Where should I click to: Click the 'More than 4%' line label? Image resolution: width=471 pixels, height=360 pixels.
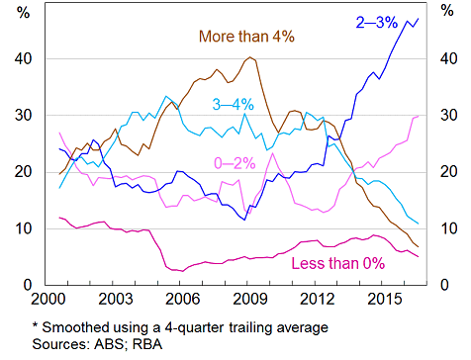pos(247,38)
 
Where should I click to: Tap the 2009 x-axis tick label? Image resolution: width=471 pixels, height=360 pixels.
pos(247,298)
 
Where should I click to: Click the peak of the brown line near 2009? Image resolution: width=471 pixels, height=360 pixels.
pos(249,57)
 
